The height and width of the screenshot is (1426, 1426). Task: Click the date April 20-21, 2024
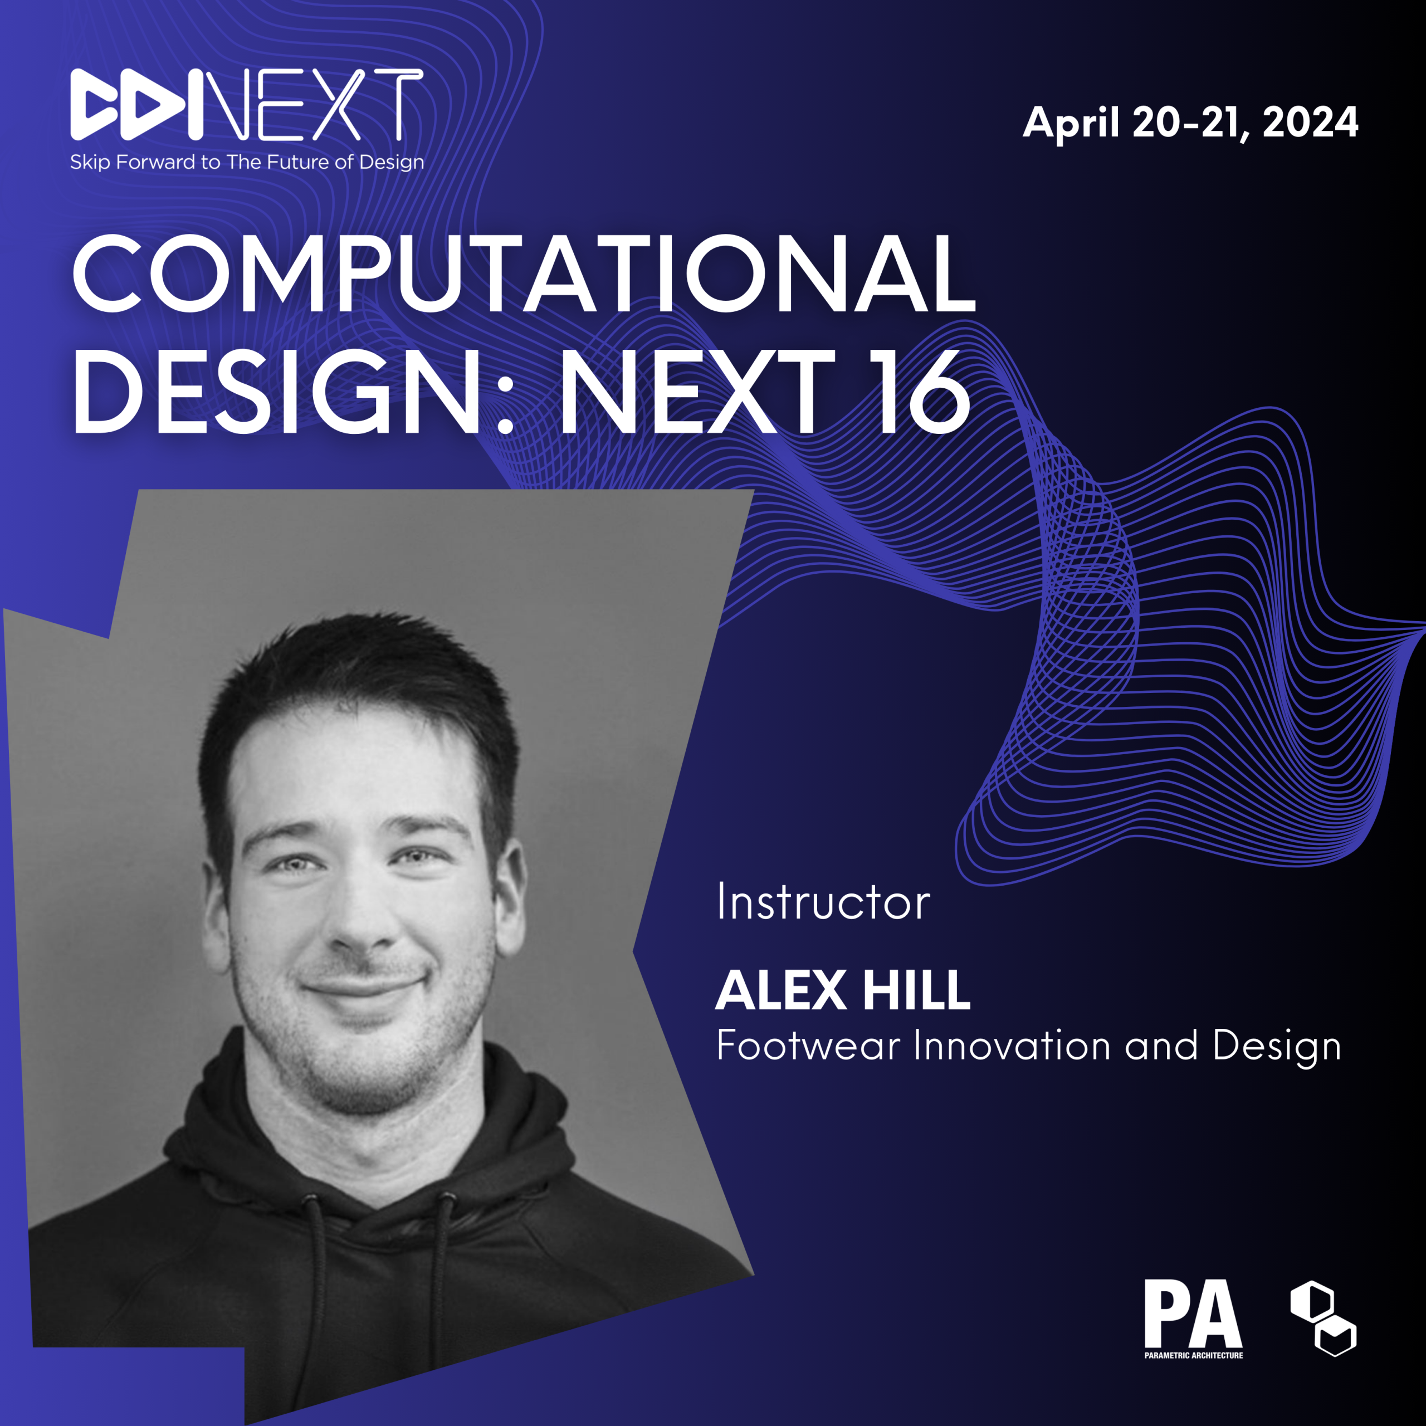[x=1190, y=123]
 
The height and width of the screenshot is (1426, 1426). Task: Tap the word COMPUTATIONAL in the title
[x=525, y=274]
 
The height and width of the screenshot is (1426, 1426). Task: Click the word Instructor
[x=823, y=901]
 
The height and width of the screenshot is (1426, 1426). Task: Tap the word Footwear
[x=808, y=1046]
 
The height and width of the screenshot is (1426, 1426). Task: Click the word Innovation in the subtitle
[x=1012, y=1046]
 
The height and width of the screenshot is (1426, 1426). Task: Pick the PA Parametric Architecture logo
[x=1194, y=1319]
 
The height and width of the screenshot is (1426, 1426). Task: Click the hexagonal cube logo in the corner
[x=1322, y=1318]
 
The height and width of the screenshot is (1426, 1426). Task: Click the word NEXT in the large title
[x=698, y=391]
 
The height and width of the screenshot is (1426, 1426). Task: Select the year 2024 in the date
[x=1310, y=122]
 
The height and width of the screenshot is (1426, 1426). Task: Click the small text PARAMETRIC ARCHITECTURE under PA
[x=1194, y=1355]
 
